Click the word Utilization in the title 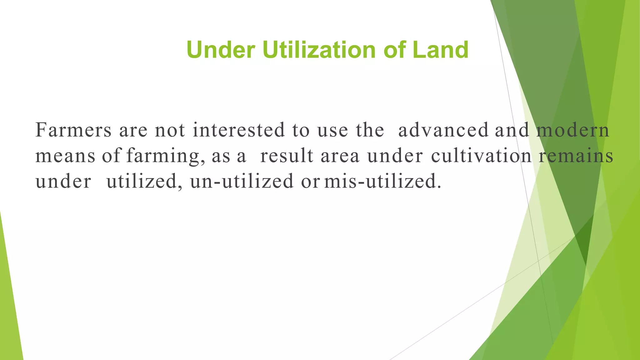pos(319,50)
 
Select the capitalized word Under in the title pos(221,50)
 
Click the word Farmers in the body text pos(73,130)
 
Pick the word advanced pos(443,130)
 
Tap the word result pos(287,156)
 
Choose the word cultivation pos(481,156)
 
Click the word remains pos(576,156)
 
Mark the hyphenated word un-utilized pos(242,181)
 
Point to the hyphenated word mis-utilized pos(383,181)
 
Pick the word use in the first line pos(332,131)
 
